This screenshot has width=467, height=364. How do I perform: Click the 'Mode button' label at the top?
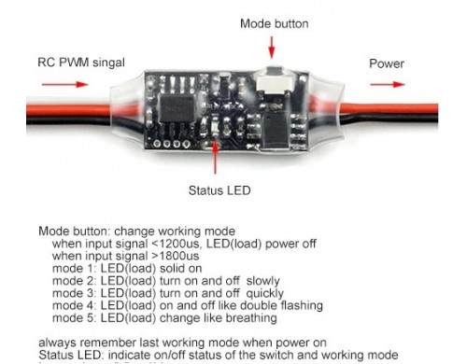[273, 21]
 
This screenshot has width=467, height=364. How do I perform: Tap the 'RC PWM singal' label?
[80, 64]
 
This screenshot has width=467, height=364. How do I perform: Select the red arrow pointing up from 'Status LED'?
[218, 159]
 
